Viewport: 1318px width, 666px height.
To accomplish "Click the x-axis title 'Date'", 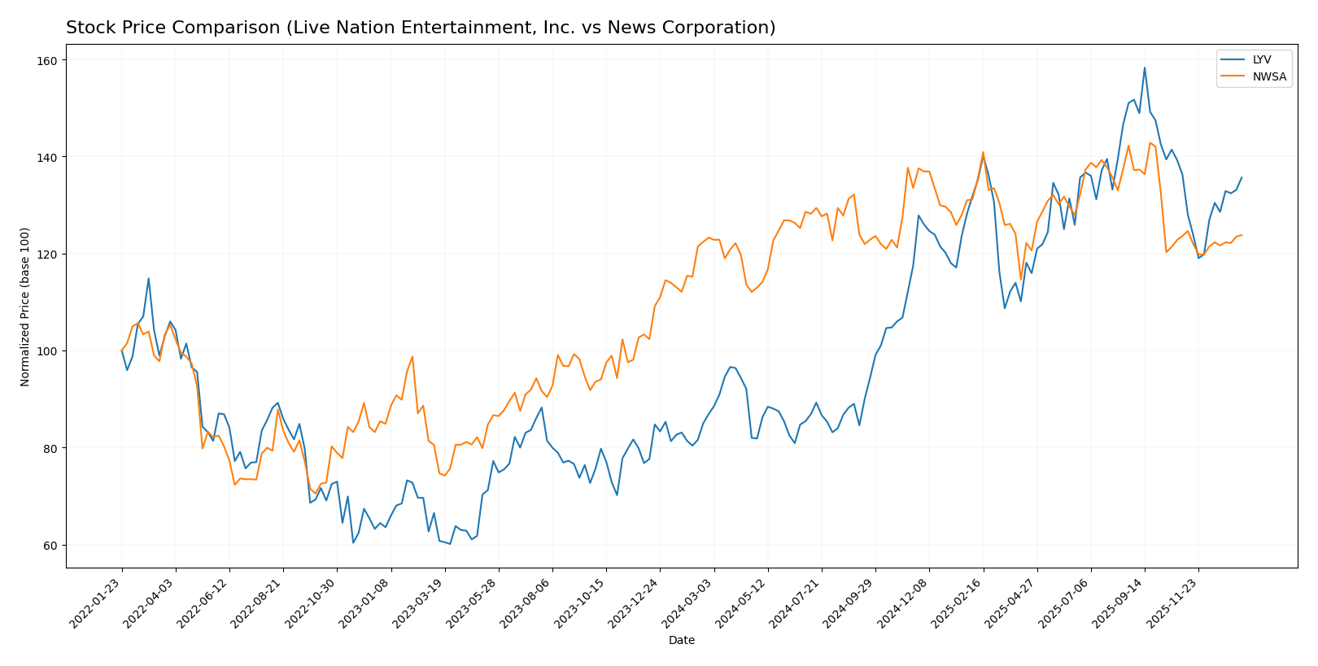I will tap(681, 641).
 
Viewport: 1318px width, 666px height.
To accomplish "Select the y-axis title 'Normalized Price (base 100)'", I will tap(25, 307).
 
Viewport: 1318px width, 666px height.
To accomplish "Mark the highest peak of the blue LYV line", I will tap(1144, 67).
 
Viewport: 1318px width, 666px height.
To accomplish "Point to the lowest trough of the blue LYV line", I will tap(449, 543).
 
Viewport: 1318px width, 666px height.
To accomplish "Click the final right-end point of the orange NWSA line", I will tap(1242, 235).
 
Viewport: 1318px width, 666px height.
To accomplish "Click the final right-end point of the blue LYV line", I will tap(1242, 177).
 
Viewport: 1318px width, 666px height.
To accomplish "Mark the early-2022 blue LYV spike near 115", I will tap(148, 278).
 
